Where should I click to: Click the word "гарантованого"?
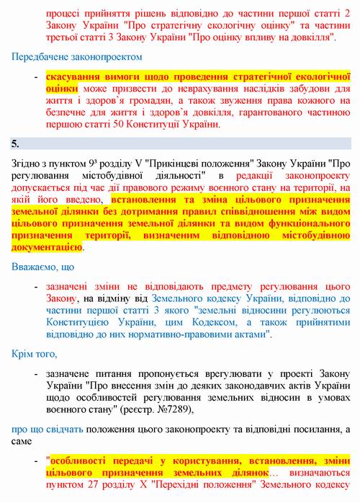284,112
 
